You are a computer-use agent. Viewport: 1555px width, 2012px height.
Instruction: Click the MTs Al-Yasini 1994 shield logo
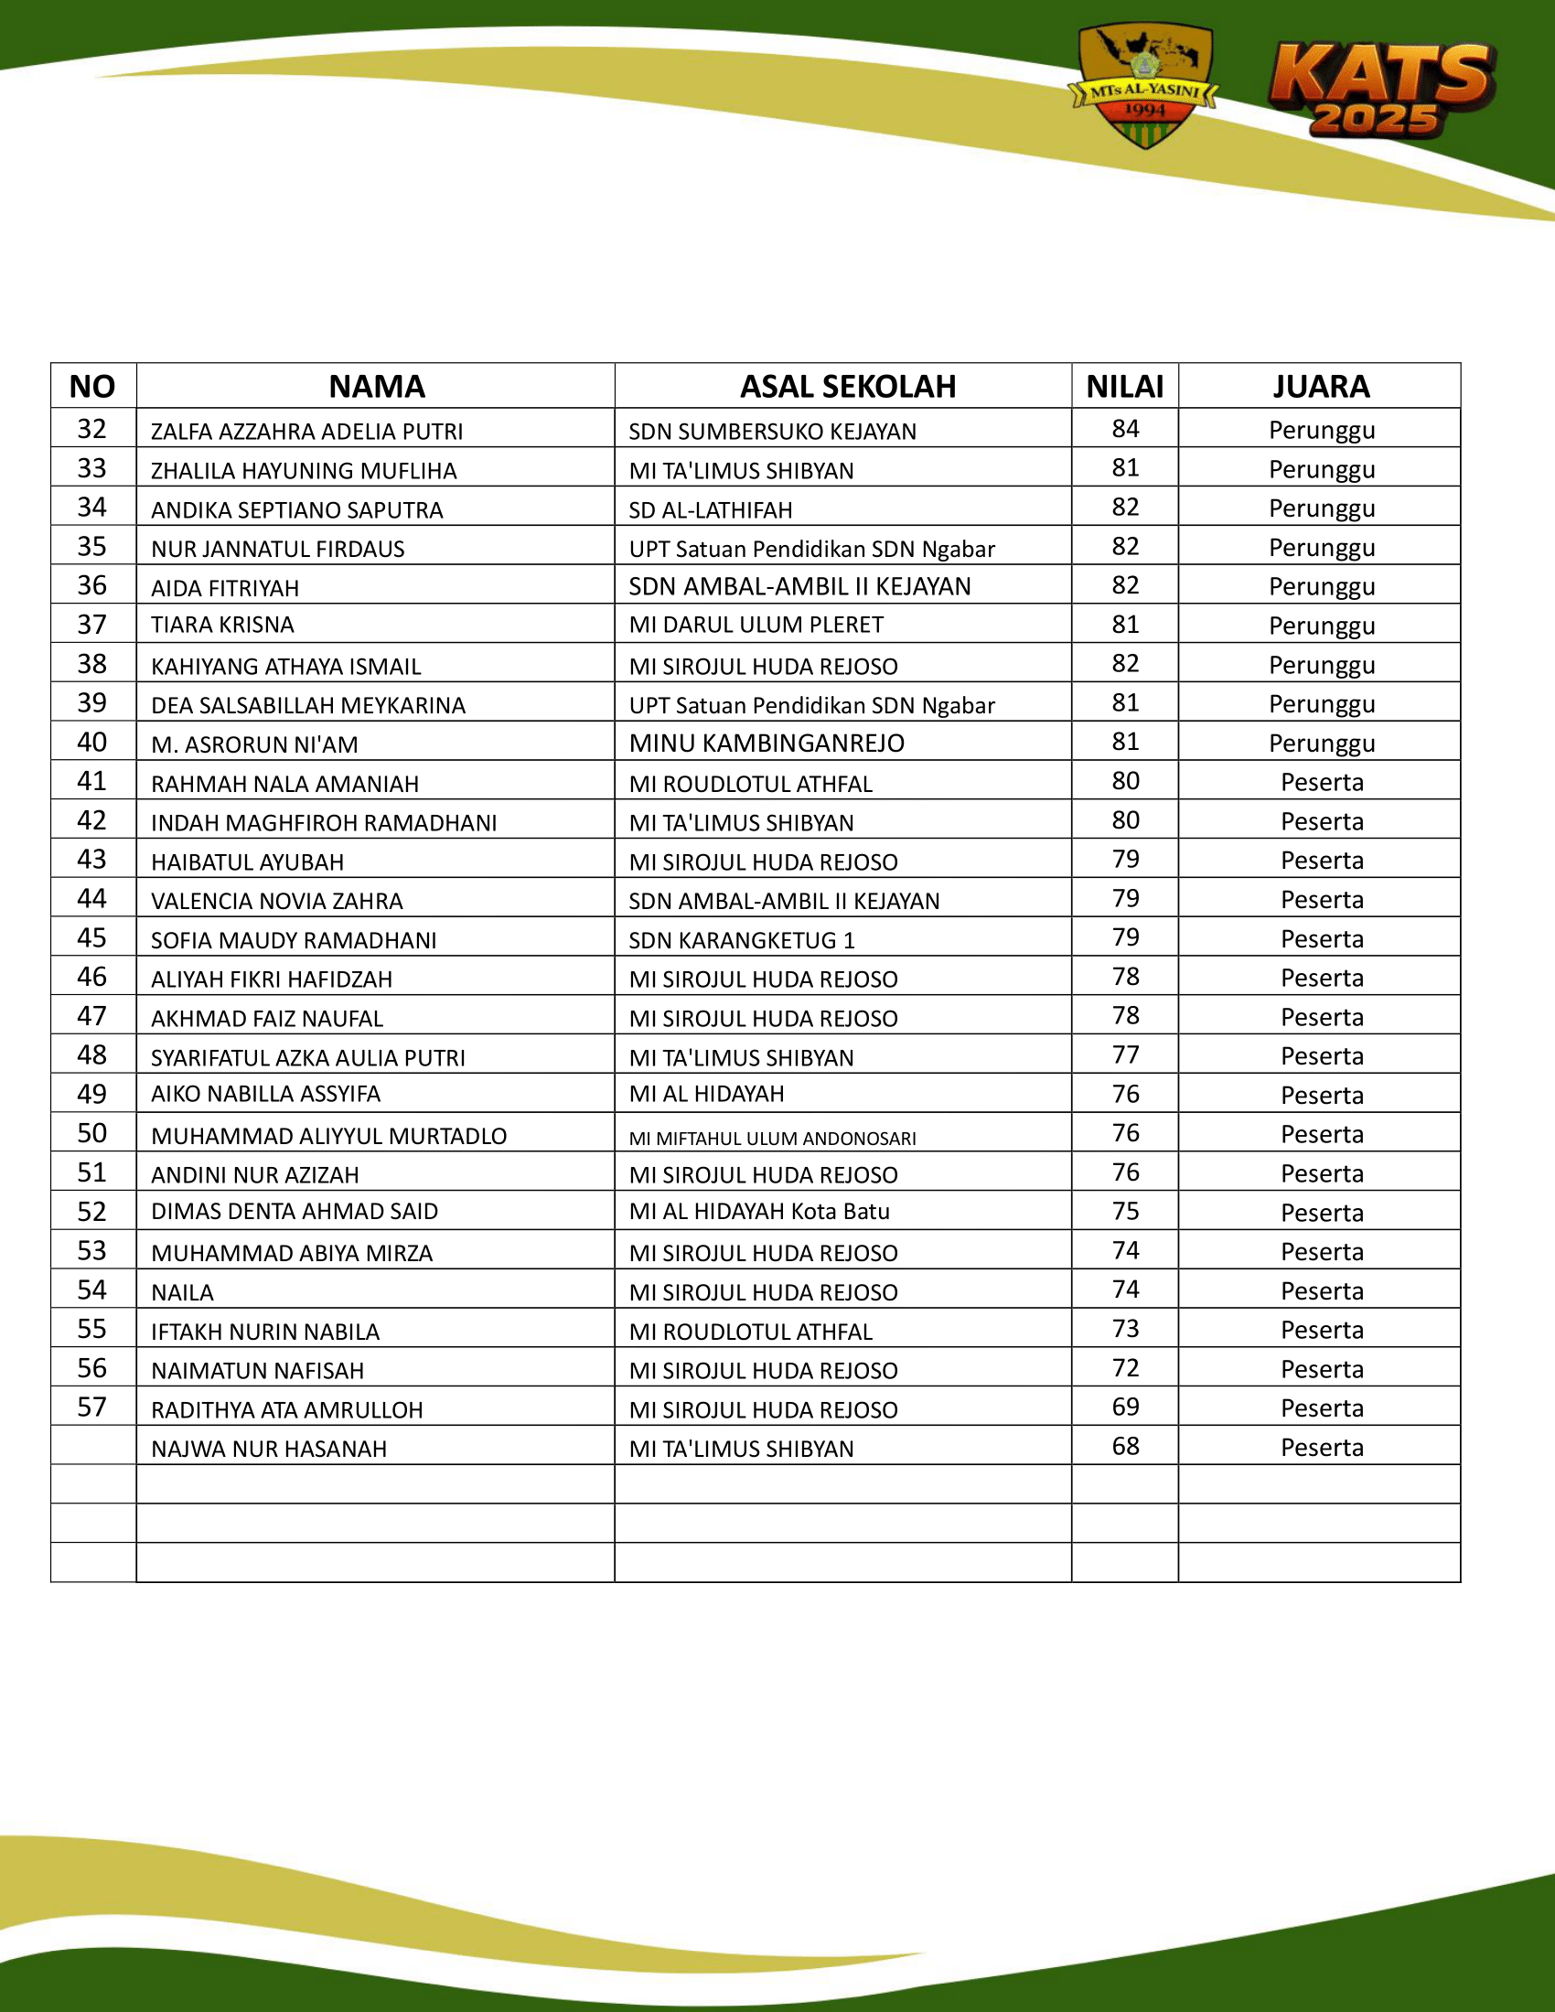(1144, 85)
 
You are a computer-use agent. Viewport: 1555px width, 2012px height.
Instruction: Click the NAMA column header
(376, 386)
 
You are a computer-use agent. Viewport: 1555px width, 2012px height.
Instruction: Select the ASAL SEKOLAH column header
(848, 386)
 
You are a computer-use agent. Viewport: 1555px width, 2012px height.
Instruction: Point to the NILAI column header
(1124, 386)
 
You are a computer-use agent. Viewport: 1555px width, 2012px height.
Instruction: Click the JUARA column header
(1320, 386)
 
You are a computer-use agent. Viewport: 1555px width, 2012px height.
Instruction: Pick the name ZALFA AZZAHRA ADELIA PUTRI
(306, 431)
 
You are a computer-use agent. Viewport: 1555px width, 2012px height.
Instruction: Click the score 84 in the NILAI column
(1125, 428)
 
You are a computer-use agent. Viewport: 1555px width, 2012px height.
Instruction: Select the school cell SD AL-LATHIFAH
(710, 509)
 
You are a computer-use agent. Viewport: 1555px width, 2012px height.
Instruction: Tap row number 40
(92, 742)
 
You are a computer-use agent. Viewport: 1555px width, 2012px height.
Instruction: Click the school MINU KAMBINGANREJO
(767, 743)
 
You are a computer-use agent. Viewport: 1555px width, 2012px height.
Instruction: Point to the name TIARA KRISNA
(222, 625)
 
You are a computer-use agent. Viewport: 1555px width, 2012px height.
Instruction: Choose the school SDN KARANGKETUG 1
(742, 939)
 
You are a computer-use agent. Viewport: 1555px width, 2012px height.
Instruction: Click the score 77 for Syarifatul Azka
(1125, 1054)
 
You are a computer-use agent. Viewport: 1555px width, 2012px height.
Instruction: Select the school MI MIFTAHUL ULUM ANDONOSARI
(772, 1139)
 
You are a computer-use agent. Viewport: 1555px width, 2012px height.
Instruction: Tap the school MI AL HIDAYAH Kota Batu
(759, 1212)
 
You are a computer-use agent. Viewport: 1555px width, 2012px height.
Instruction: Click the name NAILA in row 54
(182, 1292)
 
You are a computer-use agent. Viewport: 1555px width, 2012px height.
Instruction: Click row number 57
(92, 1407)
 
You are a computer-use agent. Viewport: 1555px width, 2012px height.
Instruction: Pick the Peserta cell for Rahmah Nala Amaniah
(1321, 782)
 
